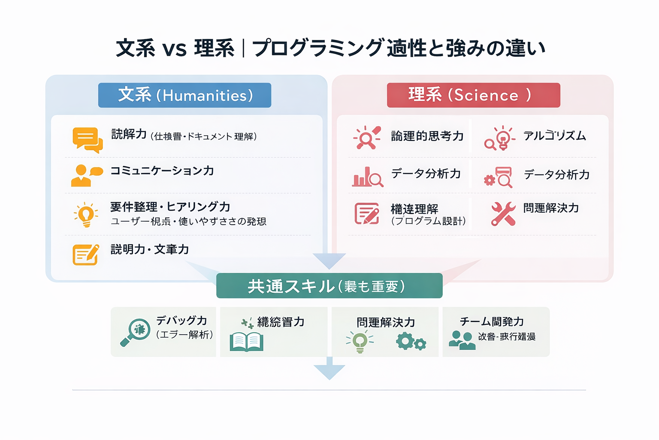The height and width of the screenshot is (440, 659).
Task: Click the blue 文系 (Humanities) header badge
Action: [x=184, y=95]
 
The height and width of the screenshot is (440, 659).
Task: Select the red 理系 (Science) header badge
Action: [x=473, y=95]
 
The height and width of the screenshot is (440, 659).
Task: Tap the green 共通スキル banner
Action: [x=329, y=286]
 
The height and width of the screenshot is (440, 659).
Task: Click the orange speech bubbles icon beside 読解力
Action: [x=88, y=140]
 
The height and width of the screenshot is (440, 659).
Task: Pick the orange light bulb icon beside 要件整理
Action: [x=86, y=214]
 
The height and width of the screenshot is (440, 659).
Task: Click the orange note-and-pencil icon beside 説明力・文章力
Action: [x=86, y=254]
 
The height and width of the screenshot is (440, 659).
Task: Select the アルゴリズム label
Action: [x=554, y=136]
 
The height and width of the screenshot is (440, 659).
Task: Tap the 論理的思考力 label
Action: [x=427, y=136]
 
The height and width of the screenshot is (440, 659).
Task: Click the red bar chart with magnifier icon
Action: [x=367, y=177]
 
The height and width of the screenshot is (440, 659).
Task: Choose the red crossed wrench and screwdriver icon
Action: [x=503, y=214]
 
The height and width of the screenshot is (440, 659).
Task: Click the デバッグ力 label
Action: [x=181, y=321]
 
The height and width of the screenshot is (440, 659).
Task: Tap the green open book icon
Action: [x=246, y=342]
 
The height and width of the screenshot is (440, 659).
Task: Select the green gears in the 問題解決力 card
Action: [x=411, y=342]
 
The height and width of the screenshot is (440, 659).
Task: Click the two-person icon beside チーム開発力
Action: [x=462, y=340]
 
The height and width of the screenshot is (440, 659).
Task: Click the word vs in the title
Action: [x=175, y=49]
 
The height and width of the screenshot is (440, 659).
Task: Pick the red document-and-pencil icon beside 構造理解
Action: [x=367, y=214]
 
